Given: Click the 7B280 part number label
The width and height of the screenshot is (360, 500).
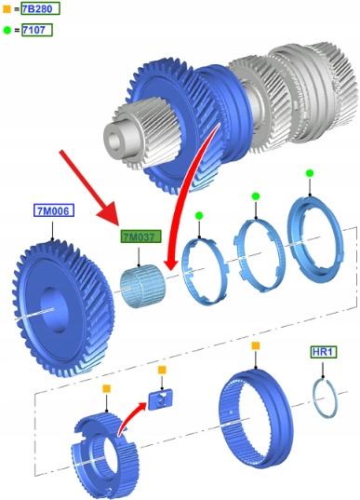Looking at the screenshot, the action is [x=40, y=8].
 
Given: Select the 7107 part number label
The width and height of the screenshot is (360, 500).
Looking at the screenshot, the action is [x=36, y=30].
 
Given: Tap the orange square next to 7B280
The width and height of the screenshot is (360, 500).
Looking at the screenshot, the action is [x=7, y=9].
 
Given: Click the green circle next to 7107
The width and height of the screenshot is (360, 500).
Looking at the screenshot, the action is [x=7, y=31].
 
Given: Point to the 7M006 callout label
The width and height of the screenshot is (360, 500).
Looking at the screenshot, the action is [x=54, y=210].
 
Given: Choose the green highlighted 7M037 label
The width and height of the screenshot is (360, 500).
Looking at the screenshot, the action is [x=140, y=236].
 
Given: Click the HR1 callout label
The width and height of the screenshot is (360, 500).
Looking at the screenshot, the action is [x=323, y=352].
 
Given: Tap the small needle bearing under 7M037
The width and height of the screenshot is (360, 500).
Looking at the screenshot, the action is [x=141, y=287].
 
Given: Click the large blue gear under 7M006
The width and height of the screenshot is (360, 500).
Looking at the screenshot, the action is [x=63, y=309].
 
